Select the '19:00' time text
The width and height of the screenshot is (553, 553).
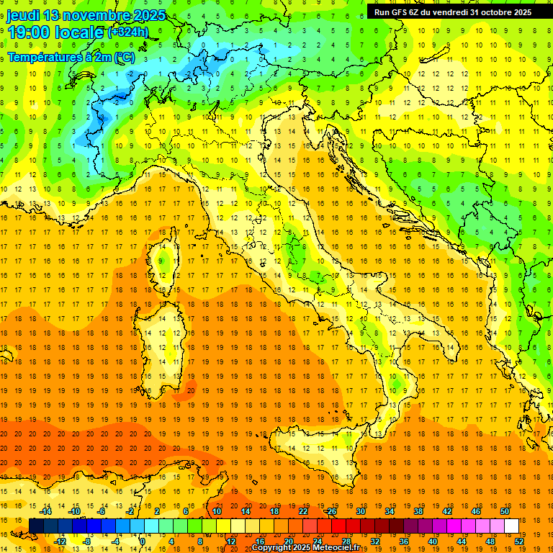[28, 32]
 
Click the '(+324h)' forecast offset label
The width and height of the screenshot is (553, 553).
[127, 32]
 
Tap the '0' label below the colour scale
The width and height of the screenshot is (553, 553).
[143, 541]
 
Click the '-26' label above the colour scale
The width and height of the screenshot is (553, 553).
[331, 511]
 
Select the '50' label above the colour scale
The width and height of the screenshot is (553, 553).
[503, 511]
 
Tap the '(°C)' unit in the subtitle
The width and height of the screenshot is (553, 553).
[125, 57]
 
